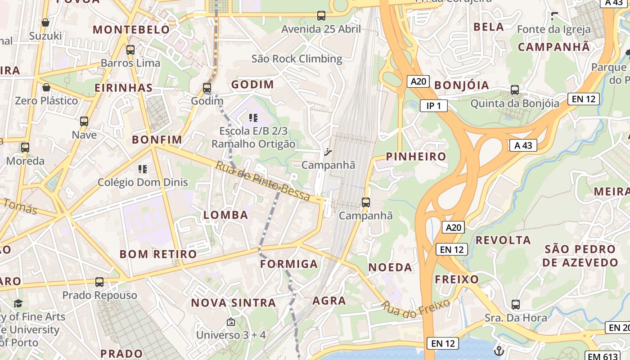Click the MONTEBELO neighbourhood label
(x=131, y=30)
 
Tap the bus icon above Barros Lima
(x=130, y=50)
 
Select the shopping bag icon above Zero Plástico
(x=46, y=87)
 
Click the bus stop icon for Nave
(x=84, y=121)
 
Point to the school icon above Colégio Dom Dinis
(x=143, y=169)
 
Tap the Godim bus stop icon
(x=207, y=88)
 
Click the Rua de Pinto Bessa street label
(x=263, y=181)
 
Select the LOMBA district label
(x=226, y=215)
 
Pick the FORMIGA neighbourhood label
(x=289, y=264)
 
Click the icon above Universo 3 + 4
(x=231, y=322)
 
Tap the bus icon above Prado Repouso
(x=99, y=282)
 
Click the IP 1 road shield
(x=434, y=106)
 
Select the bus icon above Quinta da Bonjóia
(x=515, y=90)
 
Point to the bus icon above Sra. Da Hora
(x=516, y=305)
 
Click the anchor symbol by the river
(x=499, y=350)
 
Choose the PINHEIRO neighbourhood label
(x=416, y=157)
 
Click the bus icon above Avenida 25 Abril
(x=321, y=16)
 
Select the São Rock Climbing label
(x=297, y=59)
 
